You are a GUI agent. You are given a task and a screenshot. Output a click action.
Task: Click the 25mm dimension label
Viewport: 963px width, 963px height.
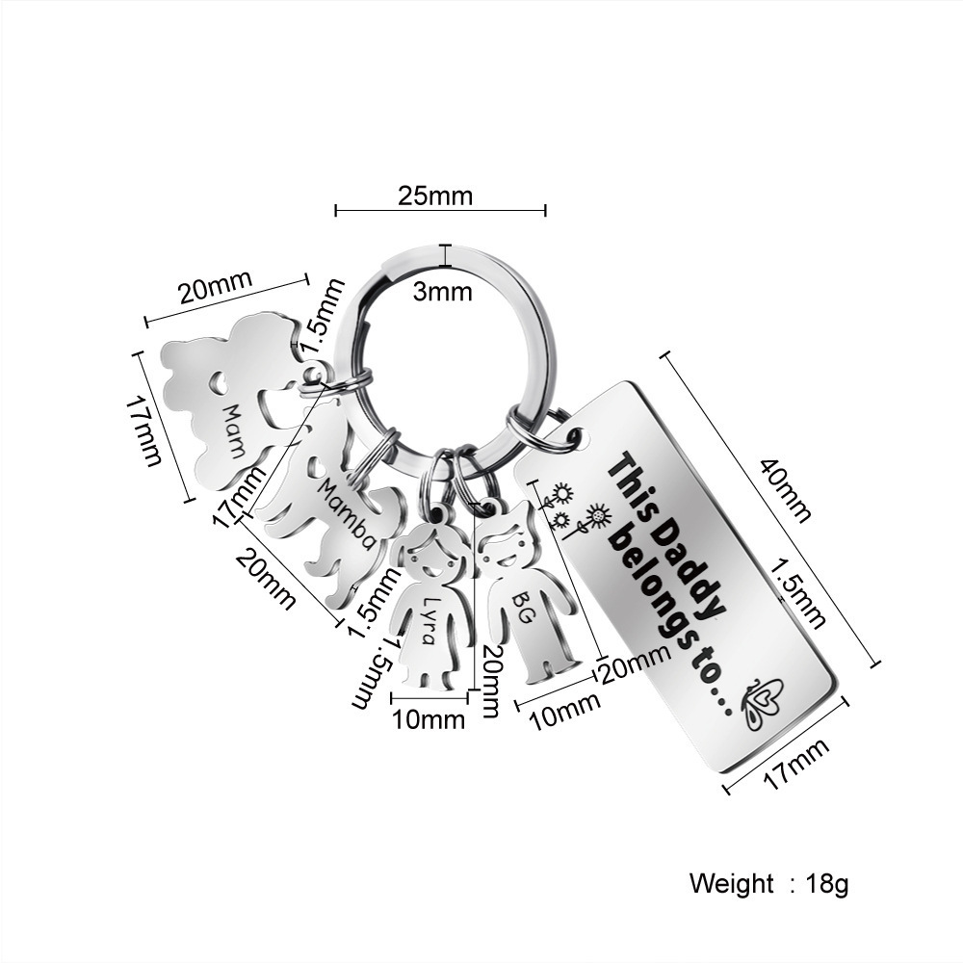click(x=435, y=195)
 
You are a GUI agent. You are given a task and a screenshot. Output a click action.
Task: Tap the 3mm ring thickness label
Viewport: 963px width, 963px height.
click(x=442, y=292)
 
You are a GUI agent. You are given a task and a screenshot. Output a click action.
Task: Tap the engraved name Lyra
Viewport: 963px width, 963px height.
click(x=429, y=620)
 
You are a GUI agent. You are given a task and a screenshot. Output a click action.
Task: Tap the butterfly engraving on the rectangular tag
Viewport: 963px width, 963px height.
click(x=763, y=702)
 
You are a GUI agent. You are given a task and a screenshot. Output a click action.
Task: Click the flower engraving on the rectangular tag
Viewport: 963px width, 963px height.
click(x=573, y=508)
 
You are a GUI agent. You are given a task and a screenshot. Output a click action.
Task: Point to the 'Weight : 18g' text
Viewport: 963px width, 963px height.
click(x=768, y=884)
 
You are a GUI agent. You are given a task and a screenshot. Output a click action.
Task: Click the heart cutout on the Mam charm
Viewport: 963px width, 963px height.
click(x=218, y=383)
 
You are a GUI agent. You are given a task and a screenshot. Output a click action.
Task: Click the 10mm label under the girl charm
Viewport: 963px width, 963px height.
click(x=429, y=719)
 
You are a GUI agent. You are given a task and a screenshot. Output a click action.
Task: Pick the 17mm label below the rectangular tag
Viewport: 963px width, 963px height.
click(x=796, y=764)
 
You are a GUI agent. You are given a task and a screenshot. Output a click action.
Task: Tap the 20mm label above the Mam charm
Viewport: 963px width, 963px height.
click(x=216, y=286)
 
